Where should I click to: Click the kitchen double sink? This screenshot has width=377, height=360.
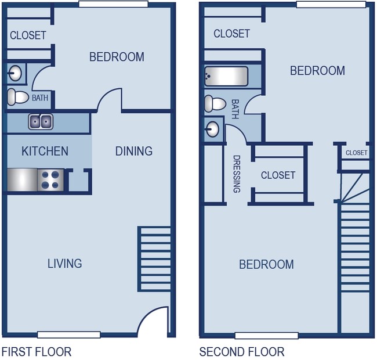41,121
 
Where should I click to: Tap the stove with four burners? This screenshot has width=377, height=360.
50,179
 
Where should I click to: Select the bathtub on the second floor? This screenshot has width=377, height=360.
226,76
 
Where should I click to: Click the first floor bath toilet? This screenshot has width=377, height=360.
19,97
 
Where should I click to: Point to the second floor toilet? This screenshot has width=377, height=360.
215,104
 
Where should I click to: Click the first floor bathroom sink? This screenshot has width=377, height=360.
15,73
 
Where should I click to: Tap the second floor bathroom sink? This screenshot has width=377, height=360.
213,128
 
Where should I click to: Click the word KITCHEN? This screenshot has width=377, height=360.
45,152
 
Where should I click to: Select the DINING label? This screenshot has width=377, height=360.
133,151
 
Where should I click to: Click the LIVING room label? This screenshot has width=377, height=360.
64,264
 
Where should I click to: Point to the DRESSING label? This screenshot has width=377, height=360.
237,174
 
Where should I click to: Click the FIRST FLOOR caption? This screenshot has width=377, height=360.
37,352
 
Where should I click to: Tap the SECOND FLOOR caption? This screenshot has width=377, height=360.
242,352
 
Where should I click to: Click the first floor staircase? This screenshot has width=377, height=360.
154,258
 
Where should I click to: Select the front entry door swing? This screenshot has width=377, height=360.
153,322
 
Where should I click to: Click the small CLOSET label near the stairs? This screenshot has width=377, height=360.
356,153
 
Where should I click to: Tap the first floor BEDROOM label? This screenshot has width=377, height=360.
117,57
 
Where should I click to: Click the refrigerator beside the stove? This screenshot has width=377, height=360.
22,179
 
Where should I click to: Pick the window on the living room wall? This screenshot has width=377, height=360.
68,335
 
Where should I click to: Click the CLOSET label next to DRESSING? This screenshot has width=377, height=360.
278,175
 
